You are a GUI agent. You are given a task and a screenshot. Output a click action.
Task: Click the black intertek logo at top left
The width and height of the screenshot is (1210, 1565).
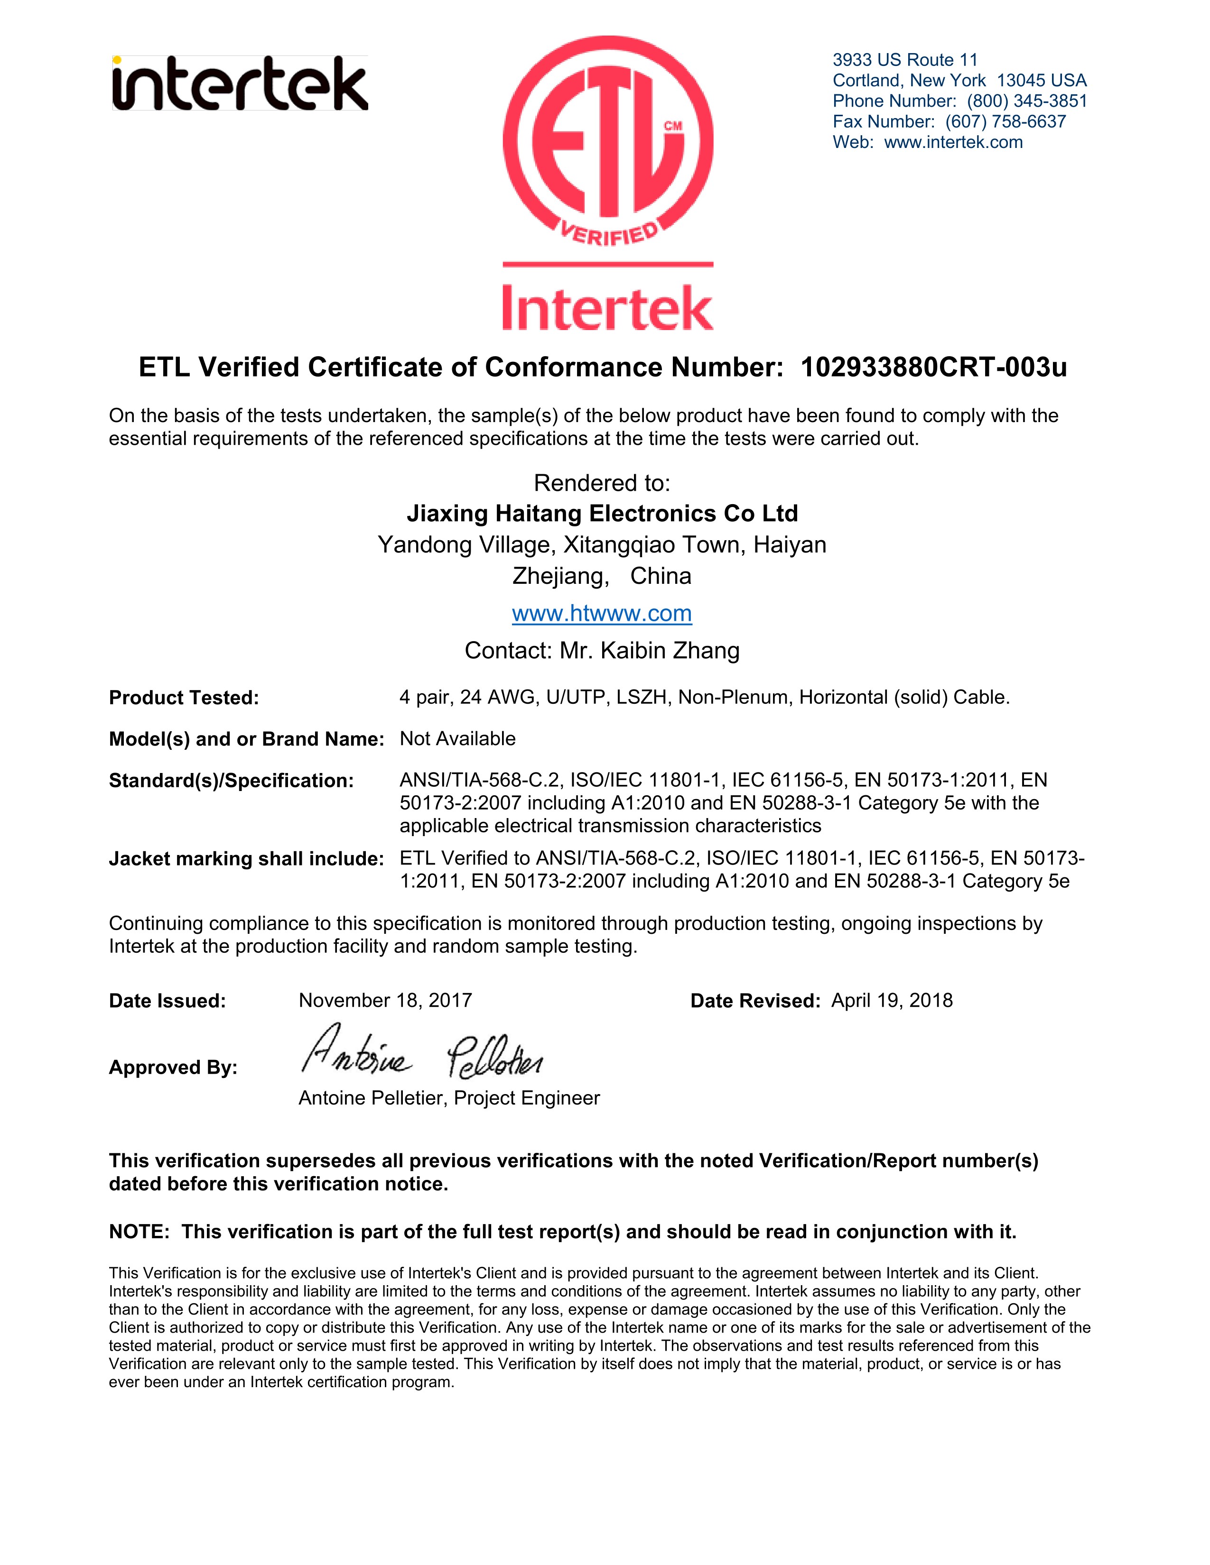(x=240, y=84)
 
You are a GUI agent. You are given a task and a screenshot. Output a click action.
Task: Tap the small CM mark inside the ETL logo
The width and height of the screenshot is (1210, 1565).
(x=672, y=126)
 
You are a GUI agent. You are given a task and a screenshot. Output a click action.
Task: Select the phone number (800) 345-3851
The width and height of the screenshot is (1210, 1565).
(x=1026, y=101)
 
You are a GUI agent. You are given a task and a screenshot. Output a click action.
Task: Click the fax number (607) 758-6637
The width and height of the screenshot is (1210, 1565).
(x=1005, y=122)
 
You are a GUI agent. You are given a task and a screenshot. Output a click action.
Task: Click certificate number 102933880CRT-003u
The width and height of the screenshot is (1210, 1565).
(x=933, y=368)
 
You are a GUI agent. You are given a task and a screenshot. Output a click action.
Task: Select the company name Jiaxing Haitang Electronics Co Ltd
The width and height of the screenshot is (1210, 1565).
(x=602, y=513)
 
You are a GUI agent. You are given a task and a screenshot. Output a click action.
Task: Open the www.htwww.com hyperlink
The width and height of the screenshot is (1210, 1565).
(x=601, y=613)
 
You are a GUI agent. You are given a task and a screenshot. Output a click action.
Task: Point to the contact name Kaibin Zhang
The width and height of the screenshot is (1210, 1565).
(x=670, y=651)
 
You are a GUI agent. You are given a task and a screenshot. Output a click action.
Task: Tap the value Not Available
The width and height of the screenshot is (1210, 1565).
(x=457, y=739)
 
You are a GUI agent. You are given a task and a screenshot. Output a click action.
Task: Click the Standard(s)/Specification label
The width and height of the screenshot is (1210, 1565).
(x=231, y=780)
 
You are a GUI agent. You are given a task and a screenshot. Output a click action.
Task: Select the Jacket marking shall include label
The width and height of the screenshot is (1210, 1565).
(x=246, y=858)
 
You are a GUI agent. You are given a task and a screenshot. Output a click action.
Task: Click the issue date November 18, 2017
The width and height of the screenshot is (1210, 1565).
(x=385, y=1000)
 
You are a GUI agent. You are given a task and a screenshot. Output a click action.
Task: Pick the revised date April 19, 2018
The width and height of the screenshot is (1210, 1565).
(x=892, y=1000)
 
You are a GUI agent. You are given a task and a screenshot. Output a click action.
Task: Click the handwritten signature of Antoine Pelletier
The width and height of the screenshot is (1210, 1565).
(x=421, y=1053)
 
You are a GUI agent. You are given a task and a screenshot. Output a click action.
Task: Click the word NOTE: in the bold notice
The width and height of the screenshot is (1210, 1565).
(x=139, y=1232)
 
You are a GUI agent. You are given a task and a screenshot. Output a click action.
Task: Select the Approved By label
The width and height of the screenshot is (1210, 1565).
(x=173, y=1068)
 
